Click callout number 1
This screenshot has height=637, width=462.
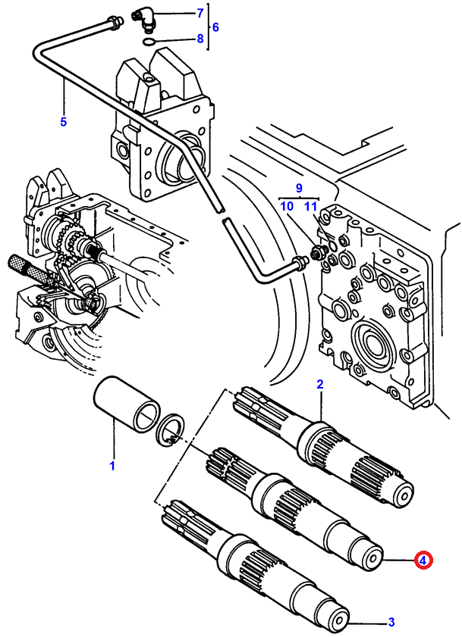click(112, 466)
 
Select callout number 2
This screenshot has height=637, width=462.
click(320, 384)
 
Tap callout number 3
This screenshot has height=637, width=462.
click(391, 622)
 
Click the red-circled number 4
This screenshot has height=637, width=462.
click(423, 560)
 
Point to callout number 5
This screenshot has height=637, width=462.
click(63, 121)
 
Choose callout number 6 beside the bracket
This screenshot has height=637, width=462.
click(215, 27)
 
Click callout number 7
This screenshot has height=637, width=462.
click(200, 14)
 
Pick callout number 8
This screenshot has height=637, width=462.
click(200, 39)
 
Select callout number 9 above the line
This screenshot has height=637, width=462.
click(299, 188)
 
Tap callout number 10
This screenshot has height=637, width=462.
click(287, 206)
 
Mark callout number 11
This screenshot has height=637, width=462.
click(310, 206)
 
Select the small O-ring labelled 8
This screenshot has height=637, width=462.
click(149, 41)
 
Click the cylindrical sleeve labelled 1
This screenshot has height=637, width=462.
click(126, 404)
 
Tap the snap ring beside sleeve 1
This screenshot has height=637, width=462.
click(171, 431)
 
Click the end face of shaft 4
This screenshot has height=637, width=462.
click(372, 558)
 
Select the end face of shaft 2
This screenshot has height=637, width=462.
click(403, 495)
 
